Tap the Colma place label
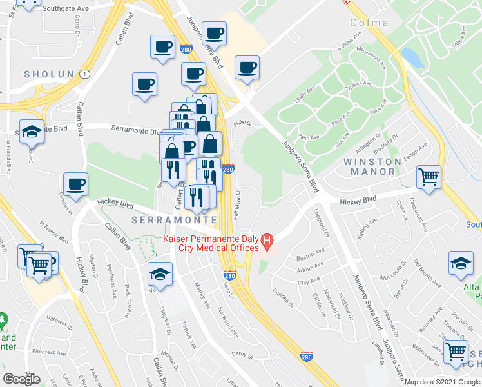point(369,23)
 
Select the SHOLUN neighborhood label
point(49,75)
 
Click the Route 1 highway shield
point(84,74)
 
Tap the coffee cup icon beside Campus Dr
point(76,183)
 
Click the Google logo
point(21,379)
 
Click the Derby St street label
point(242,354)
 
